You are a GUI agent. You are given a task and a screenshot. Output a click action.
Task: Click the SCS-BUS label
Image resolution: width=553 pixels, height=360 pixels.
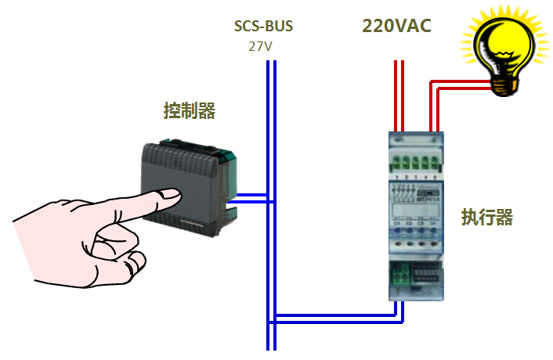[x=264, y=26]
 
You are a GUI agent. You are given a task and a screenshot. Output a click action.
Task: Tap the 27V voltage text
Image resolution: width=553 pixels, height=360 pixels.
[x=260, y=45]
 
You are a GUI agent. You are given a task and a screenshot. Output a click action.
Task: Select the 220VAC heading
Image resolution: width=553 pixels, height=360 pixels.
[x=396, y=25]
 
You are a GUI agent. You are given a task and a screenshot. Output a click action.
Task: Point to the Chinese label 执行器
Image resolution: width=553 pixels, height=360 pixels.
[x=486, y=217]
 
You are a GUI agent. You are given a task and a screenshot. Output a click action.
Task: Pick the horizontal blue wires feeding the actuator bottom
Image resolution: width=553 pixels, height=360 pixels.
[x=337, y=318]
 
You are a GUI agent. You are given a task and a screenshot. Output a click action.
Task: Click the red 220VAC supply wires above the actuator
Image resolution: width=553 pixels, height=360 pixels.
[x=399, y=94]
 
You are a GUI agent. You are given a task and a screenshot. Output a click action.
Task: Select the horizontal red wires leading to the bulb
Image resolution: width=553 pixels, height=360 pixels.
[x=462, y=84]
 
